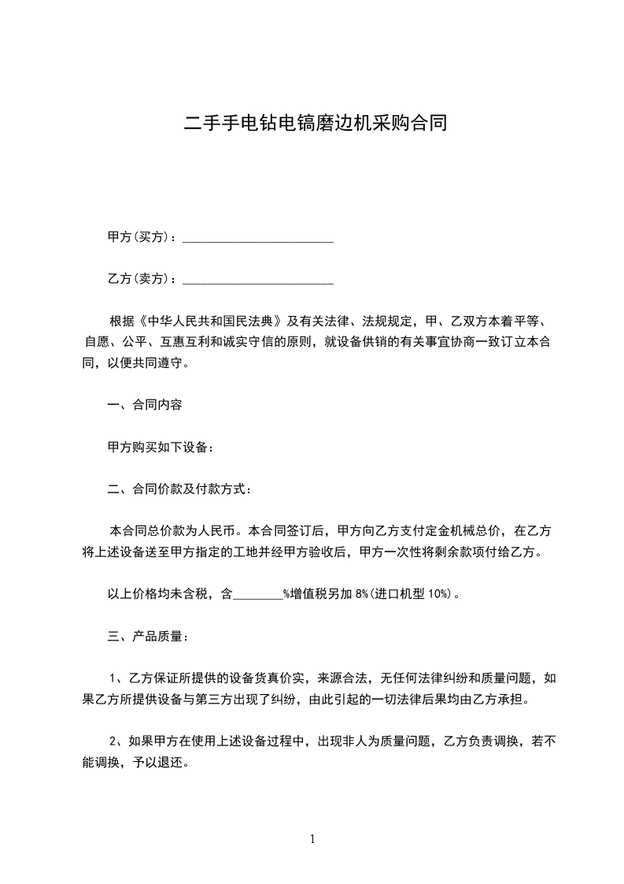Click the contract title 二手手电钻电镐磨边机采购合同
315,123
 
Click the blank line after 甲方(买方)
258,238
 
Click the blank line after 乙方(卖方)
258,280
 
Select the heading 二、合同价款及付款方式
179,489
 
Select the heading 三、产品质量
147,636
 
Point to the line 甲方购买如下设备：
161,448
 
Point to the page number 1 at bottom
312,840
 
